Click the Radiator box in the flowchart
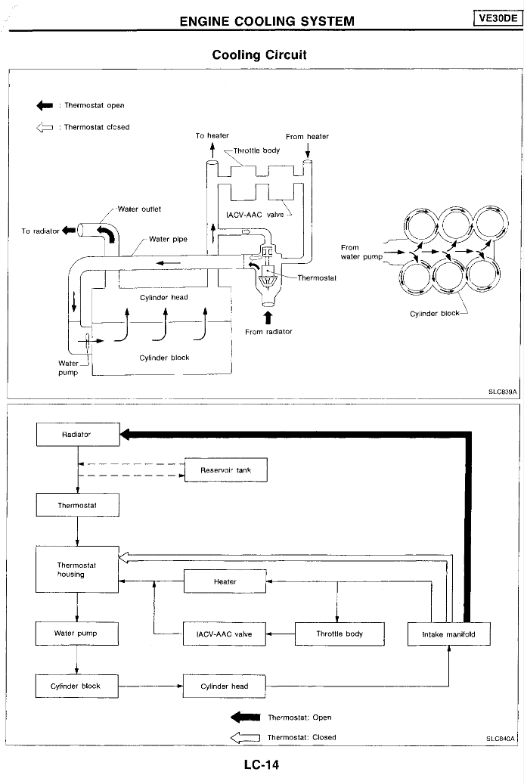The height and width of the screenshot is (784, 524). point(78,435)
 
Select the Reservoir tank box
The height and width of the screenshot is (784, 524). point(225,470)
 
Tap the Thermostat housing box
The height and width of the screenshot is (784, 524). point(77,569)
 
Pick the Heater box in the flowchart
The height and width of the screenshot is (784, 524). point(225,581)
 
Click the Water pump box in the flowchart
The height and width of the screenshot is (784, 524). point(76,634)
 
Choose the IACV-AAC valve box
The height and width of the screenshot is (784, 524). point(224,634)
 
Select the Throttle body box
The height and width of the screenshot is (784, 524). point(340,634)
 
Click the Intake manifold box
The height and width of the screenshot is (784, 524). point(449,634)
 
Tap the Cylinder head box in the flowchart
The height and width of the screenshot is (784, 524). point(224,686)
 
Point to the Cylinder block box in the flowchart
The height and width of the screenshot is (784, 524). point(76,686)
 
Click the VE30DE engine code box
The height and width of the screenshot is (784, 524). point(498,18)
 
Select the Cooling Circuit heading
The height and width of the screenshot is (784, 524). point(259,54)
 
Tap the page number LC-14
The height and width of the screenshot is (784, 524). point(262,764)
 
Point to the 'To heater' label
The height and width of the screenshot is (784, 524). point(212,135)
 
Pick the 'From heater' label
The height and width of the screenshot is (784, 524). point(307,137)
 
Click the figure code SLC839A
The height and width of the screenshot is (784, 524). point(502,392)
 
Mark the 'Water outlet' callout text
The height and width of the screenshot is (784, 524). point(139,209)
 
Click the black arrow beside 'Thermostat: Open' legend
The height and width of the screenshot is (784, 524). point(245,717)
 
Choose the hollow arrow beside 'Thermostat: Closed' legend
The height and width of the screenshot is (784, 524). point(245,737)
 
